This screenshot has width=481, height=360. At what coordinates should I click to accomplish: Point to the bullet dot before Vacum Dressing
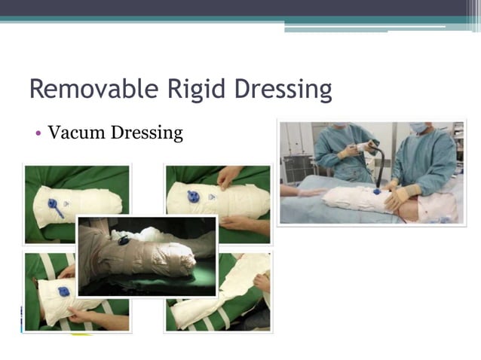37,134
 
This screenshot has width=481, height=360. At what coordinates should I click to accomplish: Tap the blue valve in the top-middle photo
194,197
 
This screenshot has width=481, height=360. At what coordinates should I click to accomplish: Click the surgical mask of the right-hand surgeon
418,128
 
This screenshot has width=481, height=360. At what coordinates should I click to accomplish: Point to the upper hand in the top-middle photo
226,178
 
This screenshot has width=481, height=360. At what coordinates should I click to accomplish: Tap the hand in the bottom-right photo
261,282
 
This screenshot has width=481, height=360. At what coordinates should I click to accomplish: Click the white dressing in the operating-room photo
354,200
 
